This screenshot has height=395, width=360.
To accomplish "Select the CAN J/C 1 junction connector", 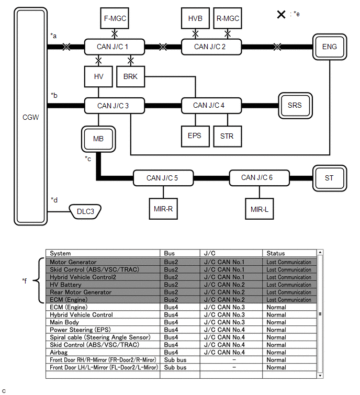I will [x=113, y=47].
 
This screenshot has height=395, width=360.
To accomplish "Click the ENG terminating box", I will [x=330, y=47].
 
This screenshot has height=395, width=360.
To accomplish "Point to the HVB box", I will [x=195, y=18].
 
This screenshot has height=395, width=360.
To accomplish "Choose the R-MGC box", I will [x=228, y=18].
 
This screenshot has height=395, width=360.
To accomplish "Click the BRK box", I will [x=131, y=76].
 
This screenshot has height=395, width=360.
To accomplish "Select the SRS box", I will [x=295, y=105].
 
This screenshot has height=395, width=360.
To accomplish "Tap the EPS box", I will [x=195, y=136].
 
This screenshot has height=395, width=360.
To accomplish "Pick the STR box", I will [x=227, y=136].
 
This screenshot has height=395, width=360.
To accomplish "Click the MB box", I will [x=98, y=139].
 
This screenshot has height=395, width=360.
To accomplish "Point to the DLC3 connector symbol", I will [x=85, y=212].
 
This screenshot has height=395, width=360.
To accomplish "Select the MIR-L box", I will [x=260, y=208].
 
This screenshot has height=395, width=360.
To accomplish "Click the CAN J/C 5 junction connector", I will [x=162, y=178].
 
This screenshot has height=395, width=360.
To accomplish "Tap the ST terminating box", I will [x=329, y=178].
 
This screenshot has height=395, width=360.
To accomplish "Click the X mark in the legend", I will [x=281, y=14].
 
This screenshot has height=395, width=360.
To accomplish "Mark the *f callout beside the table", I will [x=25, y=281].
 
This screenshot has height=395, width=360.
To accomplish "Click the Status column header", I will [x=276, y=253].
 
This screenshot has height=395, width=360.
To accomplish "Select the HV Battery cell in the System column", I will [x=66, y=285].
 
